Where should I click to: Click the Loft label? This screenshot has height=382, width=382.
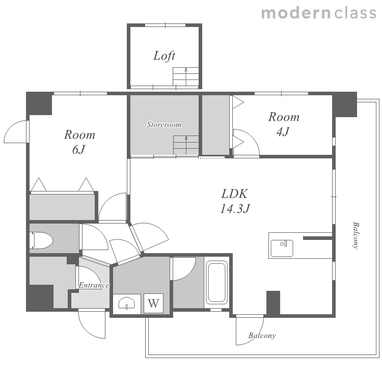click(164, 56)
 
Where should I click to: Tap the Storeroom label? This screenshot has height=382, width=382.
click(164, 125)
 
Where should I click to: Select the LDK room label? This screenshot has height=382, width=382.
click(235, 194)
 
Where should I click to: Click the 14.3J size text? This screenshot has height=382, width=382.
click(235, 209)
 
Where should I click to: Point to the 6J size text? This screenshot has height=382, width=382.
click(78, 150)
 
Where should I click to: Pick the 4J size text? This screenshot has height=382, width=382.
click(283, 131)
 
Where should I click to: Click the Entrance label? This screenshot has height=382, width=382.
click(94, 285)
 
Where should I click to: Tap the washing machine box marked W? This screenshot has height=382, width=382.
click(153, 303)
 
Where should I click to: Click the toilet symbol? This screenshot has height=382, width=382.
click(41, 240)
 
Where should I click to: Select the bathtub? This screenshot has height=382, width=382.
click(216, 282)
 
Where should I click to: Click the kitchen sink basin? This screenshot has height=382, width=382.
click(282, 248)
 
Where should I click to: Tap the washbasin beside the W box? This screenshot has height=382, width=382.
click(127, 304)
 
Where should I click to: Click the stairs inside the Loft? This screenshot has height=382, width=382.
click(185, 76)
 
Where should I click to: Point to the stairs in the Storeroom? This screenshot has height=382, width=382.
click(186, 145)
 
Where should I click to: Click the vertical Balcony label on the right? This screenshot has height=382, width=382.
click(356, 235)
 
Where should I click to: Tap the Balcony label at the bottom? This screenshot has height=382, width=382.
click(262, 336)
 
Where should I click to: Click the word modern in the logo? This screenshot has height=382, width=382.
click(296, 13)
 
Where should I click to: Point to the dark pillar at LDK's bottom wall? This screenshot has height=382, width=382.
click(273, 304)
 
